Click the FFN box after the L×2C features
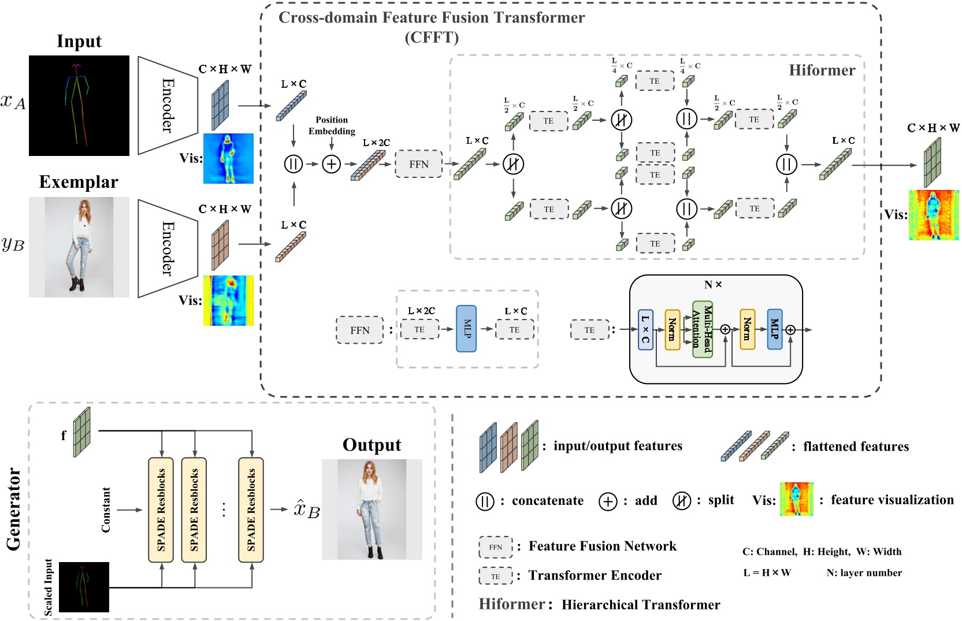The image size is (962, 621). pos(418,164)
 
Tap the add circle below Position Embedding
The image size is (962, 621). pos(331,164)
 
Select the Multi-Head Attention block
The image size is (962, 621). pos(702,329)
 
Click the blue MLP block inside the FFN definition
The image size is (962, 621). pos(466,329)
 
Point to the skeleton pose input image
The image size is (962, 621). pos(79,106)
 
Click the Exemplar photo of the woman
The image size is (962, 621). pos(79,247)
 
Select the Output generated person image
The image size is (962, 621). pos(372,510)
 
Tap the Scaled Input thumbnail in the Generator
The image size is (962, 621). pos(84,587)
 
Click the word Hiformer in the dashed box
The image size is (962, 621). pos(822,70)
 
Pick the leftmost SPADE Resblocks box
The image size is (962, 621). pos(161,510)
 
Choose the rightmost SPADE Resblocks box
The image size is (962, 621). pos(251,510)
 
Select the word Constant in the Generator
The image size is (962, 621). pos(106,510)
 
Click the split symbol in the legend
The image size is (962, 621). pos(681,501)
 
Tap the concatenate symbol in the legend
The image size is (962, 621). pos(485,501)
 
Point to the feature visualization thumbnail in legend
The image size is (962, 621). pos(796,499)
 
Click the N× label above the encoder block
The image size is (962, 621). pos(713,285)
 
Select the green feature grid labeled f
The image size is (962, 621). pos(82,432)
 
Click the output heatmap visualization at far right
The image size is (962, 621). pos(933,215)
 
